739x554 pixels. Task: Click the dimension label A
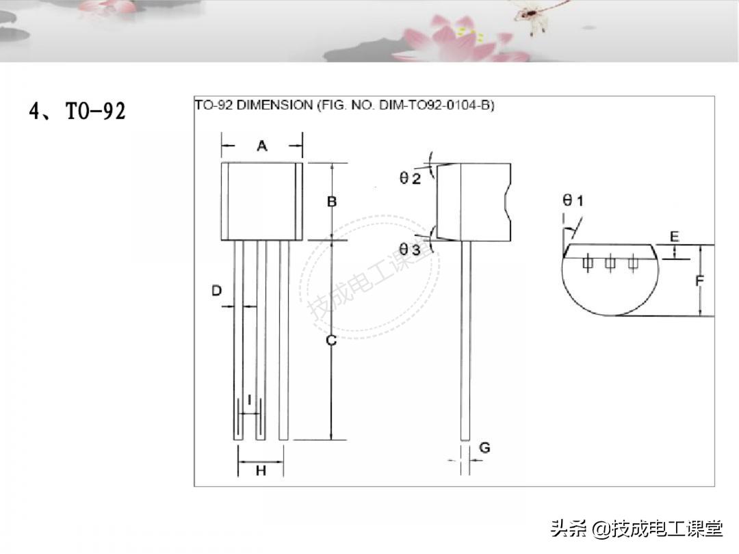(x=262, y=146)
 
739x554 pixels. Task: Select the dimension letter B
(x=332, y=202)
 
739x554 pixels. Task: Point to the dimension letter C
(x=331, y=340)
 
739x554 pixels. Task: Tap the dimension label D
(x=216, y=290)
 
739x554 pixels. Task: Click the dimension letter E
(x=675, y=237)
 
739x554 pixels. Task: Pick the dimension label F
(x=700, y=281)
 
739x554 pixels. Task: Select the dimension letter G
(x=484, y=447)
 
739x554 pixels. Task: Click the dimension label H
(x=261, y=470)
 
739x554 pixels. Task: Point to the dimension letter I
(x=249, y=400)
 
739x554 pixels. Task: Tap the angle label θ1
(x=573, y=200)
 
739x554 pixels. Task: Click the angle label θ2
(x=410, y=178)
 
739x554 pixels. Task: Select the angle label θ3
(x=410, y=249)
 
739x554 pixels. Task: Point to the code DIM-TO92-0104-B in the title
(x=437, y=105)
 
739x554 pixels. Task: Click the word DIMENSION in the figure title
(x=274, y=105)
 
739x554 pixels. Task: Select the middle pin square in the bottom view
(x=610, y=263)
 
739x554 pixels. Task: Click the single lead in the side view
(x=466, y=341)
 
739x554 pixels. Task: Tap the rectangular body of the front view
(x=262, y=201)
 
